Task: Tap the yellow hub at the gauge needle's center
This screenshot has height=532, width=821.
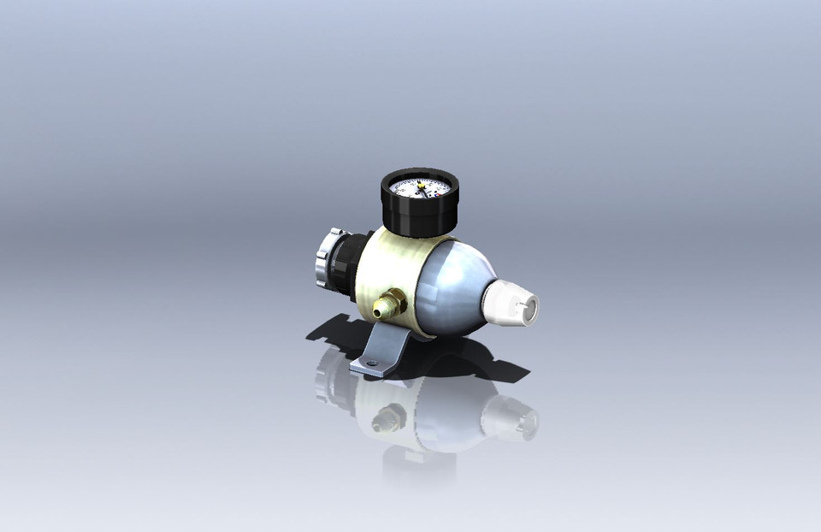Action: (x=421, y=186)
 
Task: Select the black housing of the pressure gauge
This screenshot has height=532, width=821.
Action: (x=418, y=217)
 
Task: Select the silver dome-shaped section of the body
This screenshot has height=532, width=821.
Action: (x=454, y=287)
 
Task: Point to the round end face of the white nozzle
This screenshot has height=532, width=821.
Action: (x=529, y=309)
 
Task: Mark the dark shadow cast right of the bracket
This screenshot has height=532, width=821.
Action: (x=479, y=359)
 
